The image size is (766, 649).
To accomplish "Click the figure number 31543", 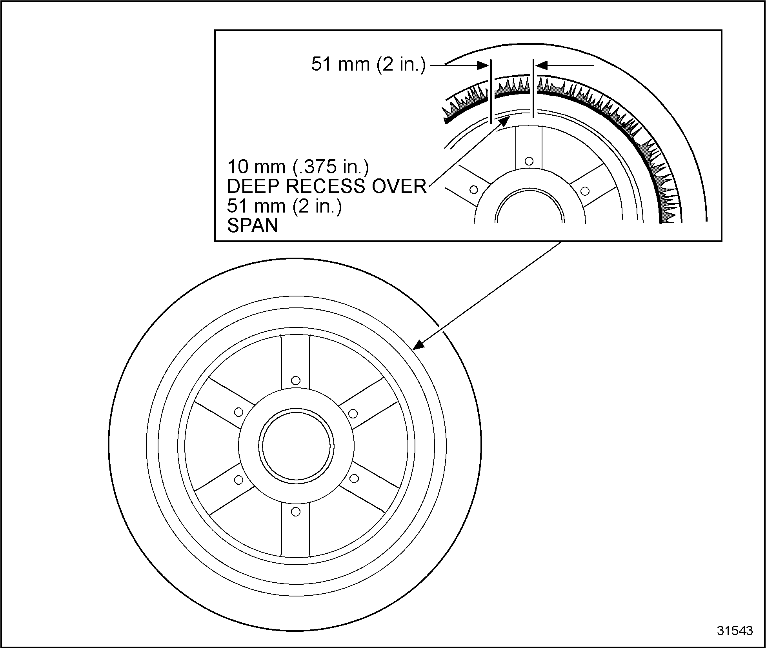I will click(x=735, y=631).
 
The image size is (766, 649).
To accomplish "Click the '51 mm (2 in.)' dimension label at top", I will click(x=368, y=64).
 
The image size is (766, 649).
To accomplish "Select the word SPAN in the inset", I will click(x=253, y=225).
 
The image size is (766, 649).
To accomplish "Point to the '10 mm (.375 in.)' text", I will click(x=298, y=167).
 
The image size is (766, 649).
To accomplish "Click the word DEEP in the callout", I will click(x=254, y=186).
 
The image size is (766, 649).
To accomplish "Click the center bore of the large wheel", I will click(x=296, y=446).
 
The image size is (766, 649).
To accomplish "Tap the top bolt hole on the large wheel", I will click(x=296, y=380).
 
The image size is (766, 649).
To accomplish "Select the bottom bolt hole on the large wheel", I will click(x=296, y=512).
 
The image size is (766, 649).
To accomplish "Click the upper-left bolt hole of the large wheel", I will click(x=238, y=412).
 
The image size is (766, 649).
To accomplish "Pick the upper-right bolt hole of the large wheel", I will click(x=353, y=413).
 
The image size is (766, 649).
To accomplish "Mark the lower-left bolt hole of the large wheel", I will click(x=238, y=479).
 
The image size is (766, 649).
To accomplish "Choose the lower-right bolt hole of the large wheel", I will click(x=354, y=478).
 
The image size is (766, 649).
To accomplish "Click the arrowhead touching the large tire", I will click(x=419, y=344).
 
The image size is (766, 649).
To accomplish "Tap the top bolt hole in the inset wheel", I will click(x=529, y=161).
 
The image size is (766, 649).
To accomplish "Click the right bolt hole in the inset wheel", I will click(x=585, y=191).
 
